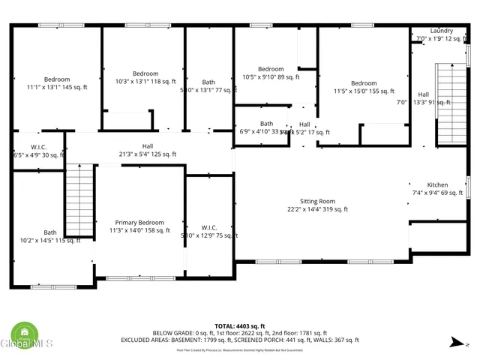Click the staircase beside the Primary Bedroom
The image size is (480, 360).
(79, 201)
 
